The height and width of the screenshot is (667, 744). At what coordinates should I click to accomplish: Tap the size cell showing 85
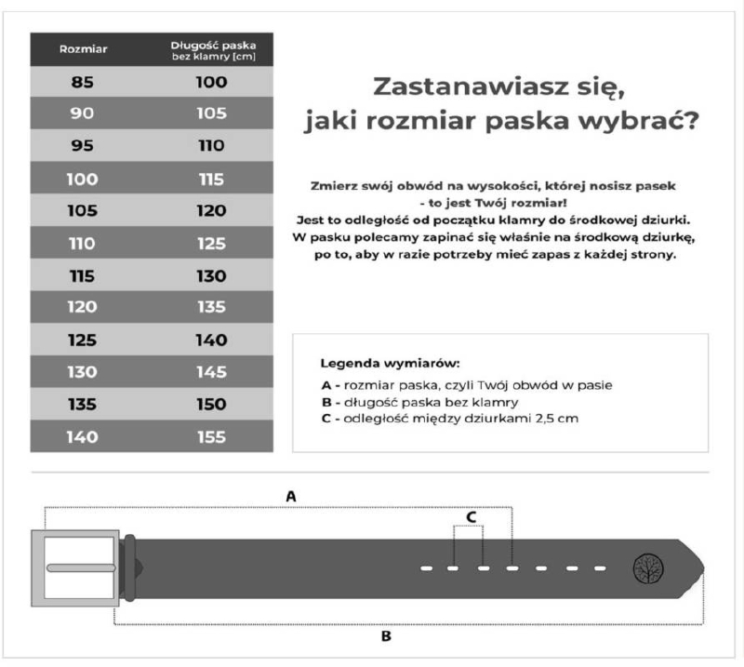point(83,82)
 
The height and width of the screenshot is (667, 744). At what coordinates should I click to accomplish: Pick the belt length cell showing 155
point(211,437)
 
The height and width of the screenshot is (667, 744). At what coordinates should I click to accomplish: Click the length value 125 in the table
point(211,244)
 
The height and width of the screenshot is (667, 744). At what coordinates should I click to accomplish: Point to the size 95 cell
point(83,146)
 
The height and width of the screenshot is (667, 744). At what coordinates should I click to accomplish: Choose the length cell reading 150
point(211,405)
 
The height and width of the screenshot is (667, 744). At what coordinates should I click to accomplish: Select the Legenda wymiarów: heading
point(391,363)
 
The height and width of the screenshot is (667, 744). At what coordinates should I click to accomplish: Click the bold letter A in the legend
point(325,385)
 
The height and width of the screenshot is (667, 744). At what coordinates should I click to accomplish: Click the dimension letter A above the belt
point(291,497)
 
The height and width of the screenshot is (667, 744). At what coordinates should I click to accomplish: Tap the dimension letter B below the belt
point(385,637)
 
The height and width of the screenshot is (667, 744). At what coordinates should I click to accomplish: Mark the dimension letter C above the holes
point(472,515)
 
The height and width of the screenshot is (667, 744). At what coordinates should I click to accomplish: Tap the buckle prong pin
point(81,567)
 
